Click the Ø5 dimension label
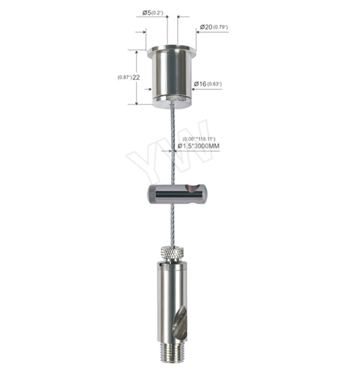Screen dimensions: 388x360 click(148, 12)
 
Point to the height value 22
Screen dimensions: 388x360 click(135, 77)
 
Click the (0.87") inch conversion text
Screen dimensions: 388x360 click(124, 77)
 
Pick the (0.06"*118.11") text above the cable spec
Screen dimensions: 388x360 click(198, 138)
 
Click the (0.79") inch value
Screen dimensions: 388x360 click(223, 27)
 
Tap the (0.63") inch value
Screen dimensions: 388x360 click(215, 84)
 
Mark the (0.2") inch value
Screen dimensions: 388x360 click(162, 12)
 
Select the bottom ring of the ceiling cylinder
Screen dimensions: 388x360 click(172, 101)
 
